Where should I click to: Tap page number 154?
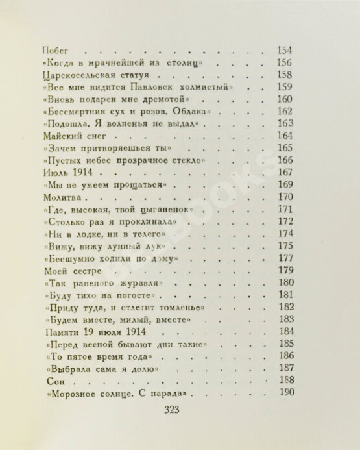click(285, 51)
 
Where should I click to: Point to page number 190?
click(285, 393)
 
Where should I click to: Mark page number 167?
click(285, 173)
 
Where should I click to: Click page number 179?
click(285, 270)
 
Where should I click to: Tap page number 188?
click(285, 381)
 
